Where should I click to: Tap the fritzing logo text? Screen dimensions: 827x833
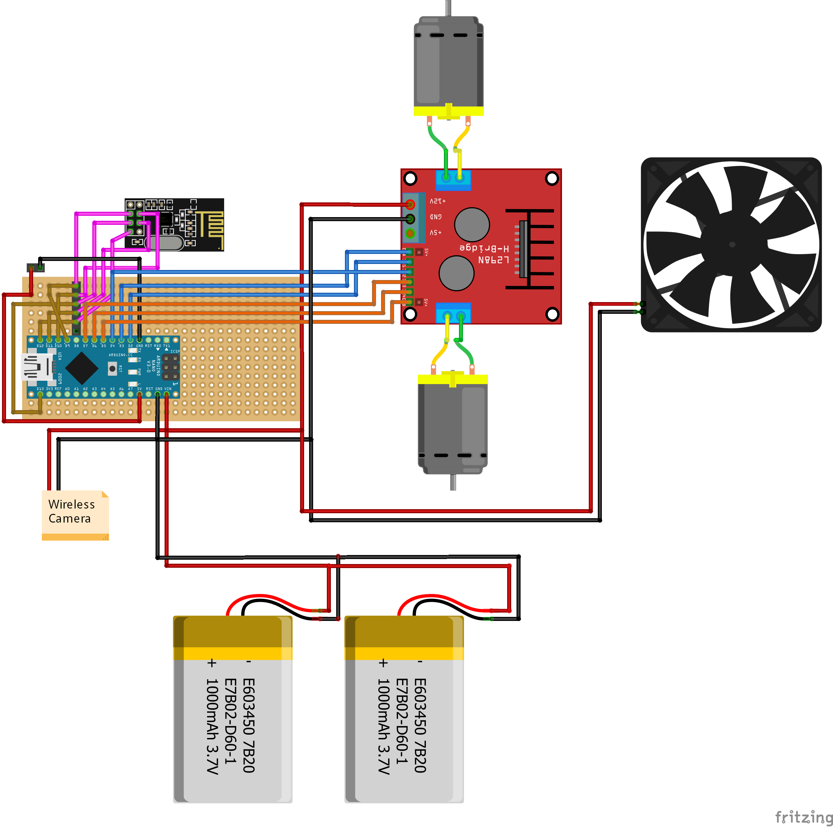tap(803, 816)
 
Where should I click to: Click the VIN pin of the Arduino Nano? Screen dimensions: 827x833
tap(166, 394)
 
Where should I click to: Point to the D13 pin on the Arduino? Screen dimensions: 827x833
tap(40, 394)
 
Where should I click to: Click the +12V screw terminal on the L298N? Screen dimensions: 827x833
tap(410, 204)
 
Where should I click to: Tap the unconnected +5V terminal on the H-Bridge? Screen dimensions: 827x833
tap(410, 233)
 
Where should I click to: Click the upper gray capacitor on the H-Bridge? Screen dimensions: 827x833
tap(472, 224)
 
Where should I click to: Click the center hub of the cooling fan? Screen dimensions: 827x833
tap(732, 245)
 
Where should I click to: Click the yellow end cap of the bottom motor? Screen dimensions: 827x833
tap(452, 379)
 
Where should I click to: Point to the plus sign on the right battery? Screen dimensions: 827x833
tap(383, 663)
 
